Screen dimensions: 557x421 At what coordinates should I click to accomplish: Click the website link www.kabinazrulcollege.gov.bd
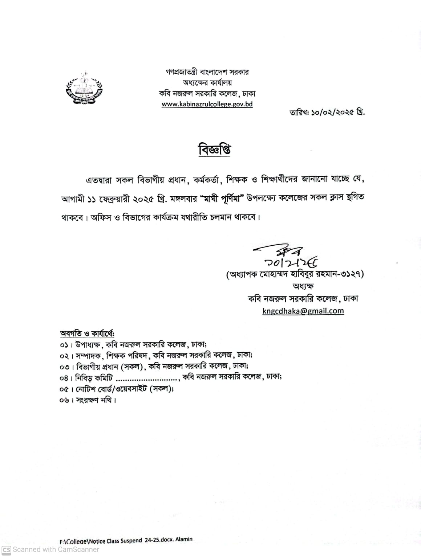click(x=207, y=104)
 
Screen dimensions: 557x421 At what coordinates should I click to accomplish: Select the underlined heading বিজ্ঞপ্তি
click(x=214, y=150)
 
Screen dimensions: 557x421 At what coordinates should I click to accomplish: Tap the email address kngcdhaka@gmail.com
click(x=303, y=311)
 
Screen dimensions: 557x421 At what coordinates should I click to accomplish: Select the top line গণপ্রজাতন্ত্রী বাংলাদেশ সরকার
click(x=207, y=72)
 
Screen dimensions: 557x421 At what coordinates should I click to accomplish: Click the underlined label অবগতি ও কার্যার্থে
click(x=87, y=333)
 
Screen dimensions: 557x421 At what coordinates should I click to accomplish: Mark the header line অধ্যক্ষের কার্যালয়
click(x=207, y=82)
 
